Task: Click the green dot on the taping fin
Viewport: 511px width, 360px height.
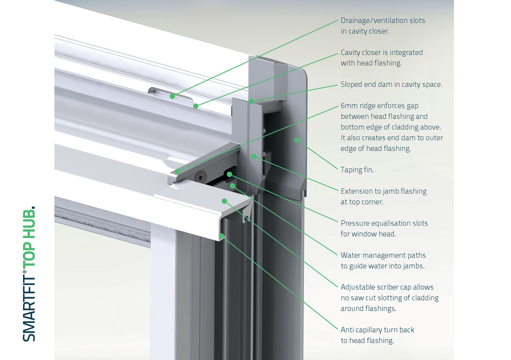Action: pyautogui.click(x=297, y=140)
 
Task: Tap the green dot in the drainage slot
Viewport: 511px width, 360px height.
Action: pyautogui.click(x=173, y=96)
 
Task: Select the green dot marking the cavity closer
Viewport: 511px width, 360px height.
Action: pyautogui.click(x=196, y=106)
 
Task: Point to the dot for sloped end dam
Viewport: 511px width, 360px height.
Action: pyautogui.click(x=252, y=101)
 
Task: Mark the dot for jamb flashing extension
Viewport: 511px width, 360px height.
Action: pyautogui.click(x=253, y=156)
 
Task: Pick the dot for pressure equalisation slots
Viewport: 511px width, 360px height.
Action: pyautogui.click(x=229, y=174)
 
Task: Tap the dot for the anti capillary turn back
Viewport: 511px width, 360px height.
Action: pyautogui.click(x=222, y=236)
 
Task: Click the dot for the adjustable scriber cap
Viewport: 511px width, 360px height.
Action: pyautogui.click(x=225, y=201)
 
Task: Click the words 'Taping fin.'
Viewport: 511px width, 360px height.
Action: pyautogui.click(x=357, y=170)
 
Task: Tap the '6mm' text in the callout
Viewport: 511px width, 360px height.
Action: pyautogui.click(x=349, y=106)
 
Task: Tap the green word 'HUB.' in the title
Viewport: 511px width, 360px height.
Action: pyautogui.click(x=29, y=222)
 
